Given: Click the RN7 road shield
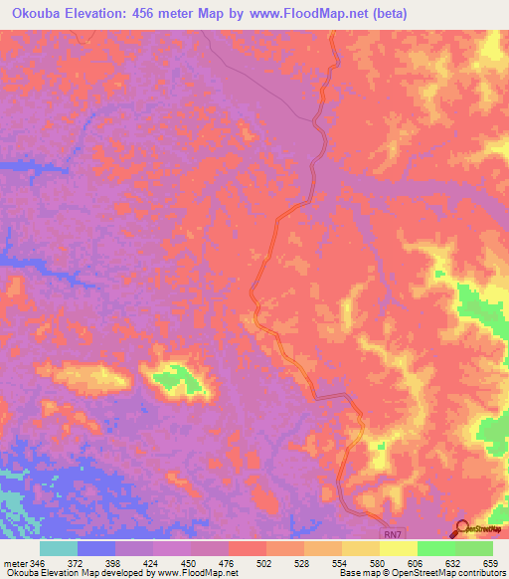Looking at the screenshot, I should pyautogui.click(x=395, y=533).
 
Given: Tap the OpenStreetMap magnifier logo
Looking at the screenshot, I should pyautogui.click(x=461, y=528).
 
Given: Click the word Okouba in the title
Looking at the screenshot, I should pyautogui.click(x=37, y=14).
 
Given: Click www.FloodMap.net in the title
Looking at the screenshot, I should pyautogui.click(x=301, y=14).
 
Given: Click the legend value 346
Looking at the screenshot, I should pyautogui.click(x=39, y=563).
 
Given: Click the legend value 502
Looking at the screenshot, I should pyautogui.click(x=265, y=563).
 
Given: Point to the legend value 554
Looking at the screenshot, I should pyautogui.click(x=341, y=563).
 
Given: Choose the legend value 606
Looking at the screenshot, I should pyautogui.click(x=417, y=563).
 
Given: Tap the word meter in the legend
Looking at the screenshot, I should pyautogui.click(x=14, y=563).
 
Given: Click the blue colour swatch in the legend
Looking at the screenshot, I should pyautogui.click(x=95, y=548).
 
